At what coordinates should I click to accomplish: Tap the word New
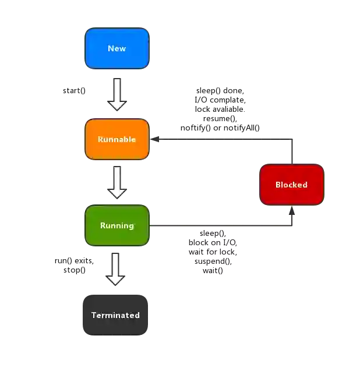point(117,48)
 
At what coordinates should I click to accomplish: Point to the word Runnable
point(117,139)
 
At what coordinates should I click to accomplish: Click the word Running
point(117,225)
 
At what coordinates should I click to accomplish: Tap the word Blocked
point(291,185)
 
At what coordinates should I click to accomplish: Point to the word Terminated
point(115,315)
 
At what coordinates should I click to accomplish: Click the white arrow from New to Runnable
point(117,95)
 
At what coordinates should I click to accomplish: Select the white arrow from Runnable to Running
point(117,182)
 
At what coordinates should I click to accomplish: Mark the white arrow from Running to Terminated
point(116,268)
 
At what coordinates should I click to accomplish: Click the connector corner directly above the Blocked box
point(291,137)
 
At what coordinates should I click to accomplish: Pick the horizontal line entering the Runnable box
point(221,137)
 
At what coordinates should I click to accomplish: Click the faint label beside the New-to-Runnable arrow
point(75,91)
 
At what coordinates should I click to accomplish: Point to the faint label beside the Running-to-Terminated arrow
point(72,265)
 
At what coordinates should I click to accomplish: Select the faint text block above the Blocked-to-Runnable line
point(220,109)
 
